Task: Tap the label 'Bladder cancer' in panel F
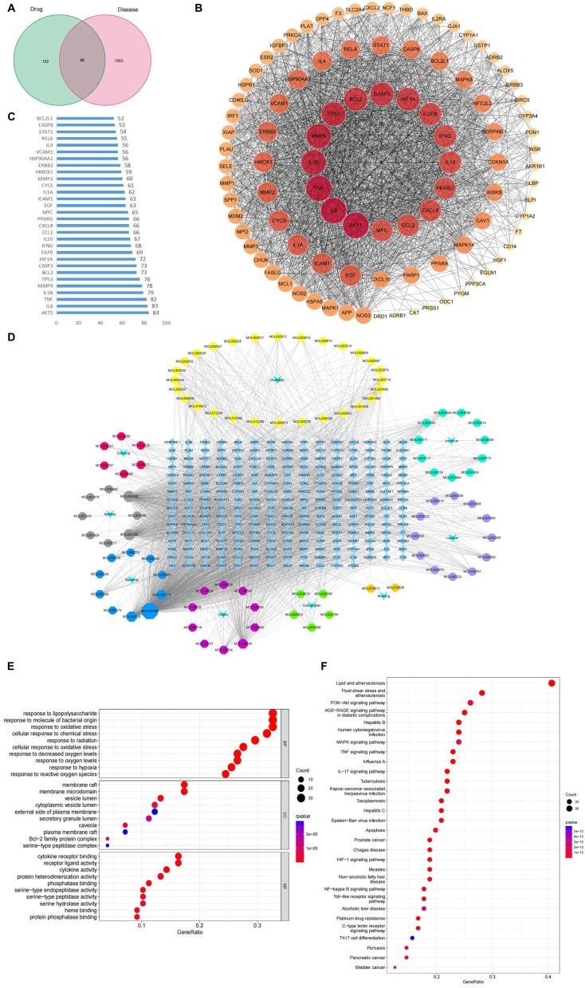click(369, 967)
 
